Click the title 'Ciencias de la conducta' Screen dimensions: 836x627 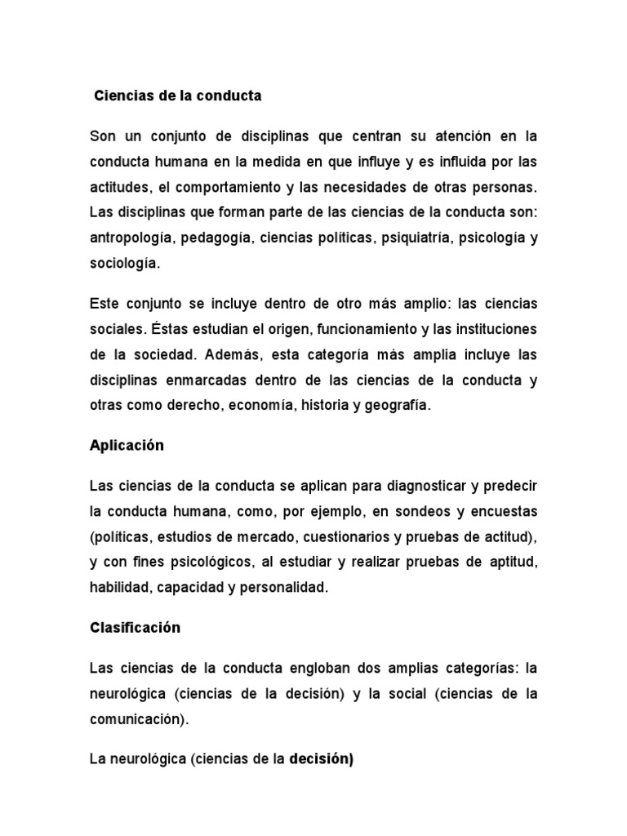(178, 96)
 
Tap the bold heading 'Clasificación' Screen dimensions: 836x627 (134, 628)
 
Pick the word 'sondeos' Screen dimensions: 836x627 (400, 511)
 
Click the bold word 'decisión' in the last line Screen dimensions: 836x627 (319, 759)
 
